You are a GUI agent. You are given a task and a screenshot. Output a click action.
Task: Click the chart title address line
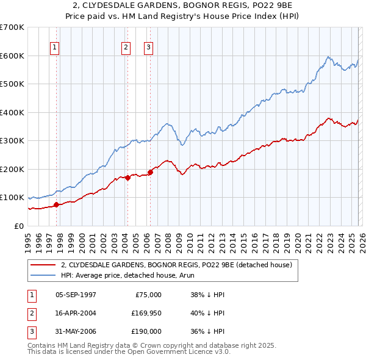pyautogui.click(x=183, y=6)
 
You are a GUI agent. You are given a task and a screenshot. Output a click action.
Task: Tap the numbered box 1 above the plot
pyautogui.click(x=55, y=48)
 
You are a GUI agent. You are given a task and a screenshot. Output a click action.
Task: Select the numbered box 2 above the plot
pyautogui.click(x=126, y=48)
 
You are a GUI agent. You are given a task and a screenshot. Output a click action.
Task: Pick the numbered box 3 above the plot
pyautogui.click(x=148, y=48)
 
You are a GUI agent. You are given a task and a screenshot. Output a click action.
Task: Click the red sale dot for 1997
pyautogui.click(x=56, y=204)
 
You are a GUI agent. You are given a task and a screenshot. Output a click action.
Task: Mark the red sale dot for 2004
pyautogui.click(x=127, y=178)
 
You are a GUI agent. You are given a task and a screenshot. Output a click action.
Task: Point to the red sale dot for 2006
pyautogui.click(x=150, y=172)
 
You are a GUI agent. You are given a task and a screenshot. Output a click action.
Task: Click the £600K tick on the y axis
pyautogui.click(x=12, y=56)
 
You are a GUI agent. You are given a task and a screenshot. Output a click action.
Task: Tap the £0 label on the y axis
pyautogui.click(x=20, y=226)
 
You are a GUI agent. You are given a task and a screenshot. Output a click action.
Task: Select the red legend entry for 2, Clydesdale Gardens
pyautogui.click(x=177, y=265)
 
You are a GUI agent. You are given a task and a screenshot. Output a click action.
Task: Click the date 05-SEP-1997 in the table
pyautogui.click(x=76, y=295)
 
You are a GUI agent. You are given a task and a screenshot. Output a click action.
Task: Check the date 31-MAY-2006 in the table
pyautogui.click(x=76, y=331)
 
